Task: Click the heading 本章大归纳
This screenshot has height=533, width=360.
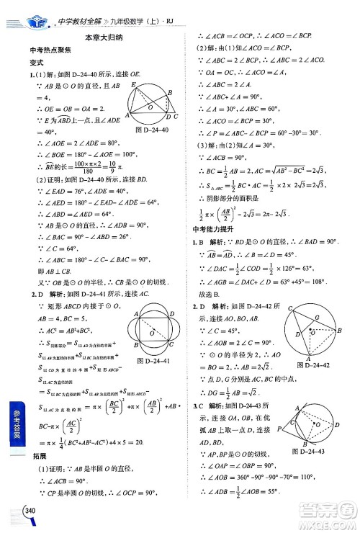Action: [103, 37]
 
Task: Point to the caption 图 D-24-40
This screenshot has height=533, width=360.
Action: [151, 130]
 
